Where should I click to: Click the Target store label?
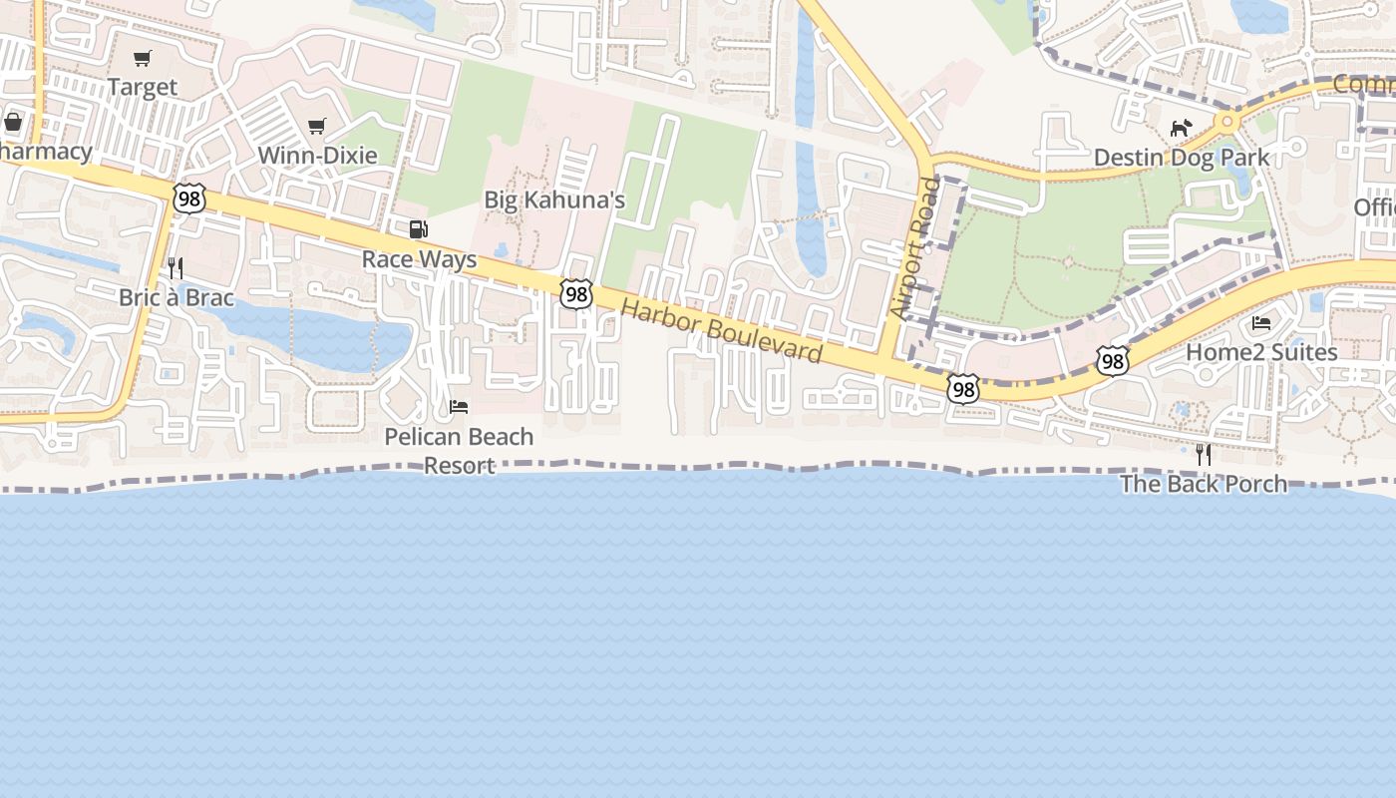(x=142, y=88)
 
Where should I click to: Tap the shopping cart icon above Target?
(x=142, y=59)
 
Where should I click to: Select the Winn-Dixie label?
(x=317, y=156)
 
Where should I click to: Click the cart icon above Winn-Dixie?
(x=317, y=127)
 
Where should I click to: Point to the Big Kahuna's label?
(x=554, y=200)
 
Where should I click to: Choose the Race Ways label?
(x=419, y=260)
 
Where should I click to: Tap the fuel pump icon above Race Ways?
(x=419, y=230)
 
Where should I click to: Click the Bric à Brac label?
(x=176, y=297)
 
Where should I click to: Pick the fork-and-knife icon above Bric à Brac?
(x=175, y=267)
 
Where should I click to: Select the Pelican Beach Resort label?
(x=459, y=451)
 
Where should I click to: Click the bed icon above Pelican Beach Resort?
(x=459, y=407)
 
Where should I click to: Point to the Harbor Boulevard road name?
(x=722, y=330)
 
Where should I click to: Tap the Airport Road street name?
(x=914, y=249)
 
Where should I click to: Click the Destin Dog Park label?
(x=1182, y=158)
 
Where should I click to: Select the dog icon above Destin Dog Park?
(x=1182, y=129)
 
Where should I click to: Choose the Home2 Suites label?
(x=1261, y=352)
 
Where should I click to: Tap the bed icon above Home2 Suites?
(x=1261, y=323)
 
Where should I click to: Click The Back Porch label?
(x=1204, y=485)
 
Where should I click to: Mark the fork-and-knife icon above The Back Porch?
(x=1204, y=455)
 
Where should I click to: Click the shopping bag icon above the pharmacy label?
(x=14, y=123)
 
